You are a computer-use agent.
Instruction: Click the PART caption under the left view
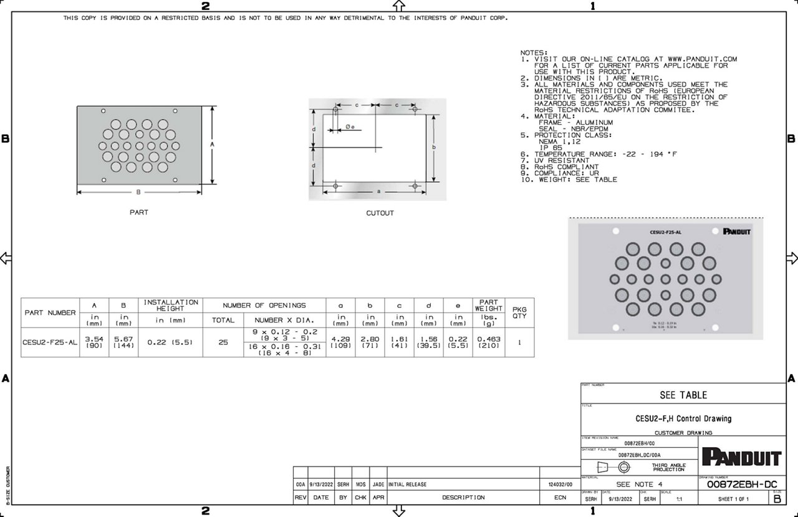[138, 213]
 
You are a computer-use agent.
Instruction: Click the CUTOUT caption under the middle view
[380, 213]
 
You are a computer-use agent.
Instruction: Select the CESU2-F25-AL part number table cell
[49, 342]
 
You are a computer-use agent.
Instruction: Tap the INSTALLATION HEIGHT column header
[170, 305]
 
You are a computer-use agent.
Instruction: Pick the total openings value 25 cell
[223, 342]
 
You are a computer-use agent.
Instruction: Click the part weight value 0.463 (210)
[488, 342]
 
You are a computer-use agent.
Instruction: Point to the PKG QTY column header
[519, 312]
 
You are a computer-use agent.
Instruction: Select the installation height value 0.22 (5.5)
[170, 342]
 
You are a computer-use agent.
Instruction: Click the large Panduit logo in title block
[741, 457]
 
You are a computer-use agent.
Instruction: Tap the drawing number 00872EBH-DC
[741, 485]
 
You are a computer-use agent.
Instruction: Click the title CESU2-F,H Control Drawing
[683, 418]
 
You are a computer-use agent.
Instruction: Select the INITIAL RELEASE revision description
[408, 484]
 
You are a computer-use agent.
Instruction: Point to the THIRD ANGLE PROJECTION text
[668, 467]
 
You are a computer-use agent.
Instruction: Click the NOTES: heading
[534, 53]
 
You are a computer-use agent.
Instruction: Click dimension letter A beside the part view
[212, 144]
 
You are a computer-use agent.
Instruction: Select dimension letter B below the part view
[138, 192]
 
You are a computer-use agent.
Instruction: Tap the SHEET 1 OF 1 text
[733, 499]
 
